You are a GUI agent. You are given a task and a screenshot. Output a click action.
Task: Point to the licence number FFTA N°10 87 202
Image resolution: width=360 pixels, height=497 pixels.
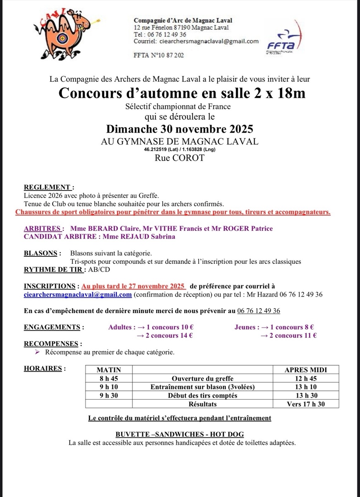(159, 55)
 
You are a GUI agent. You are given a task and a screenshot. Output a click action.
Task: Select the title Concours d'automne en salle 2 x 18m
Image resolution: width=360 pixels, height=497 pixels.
(182, 93)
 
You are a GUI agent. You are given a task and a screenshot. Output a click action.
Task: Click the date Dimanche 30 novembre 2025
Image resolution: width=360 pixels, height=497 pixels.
(180, 128)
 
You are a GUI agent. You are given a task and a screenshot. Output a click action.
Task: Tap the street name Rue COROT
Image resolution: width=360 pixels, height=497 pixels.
(180, 158)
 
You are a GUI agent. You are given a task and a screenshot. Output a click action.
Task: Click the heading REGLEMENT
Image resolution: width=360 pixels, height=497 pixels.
(49, 187)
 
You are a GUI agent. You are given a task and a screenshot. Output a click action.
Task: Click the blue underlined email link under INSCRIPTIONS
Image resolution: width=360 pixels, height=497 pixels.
(78, 294)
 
